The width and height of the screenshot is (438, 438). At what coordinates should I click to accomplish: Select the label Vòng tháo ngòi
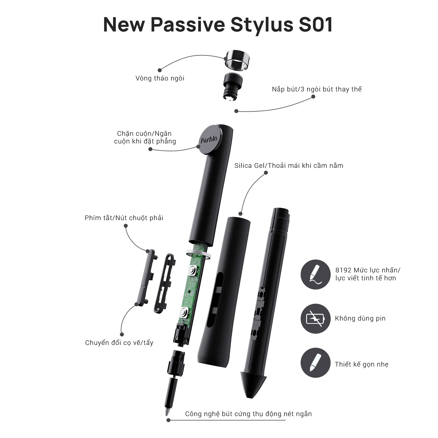(160, 78)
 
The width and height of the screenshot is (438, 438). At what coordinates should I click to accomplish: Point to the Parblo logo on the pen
(209, 139)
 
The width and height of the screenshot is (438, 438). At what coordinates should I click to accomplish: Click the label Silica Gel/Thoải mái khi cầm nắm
(289, 166)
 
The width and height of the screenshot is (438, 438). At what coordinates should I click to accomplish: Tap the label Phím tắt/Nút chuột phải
(124, 218)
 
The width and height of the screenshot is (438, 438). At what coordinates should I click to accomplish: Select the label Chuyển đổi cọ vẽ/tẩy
(119, 343)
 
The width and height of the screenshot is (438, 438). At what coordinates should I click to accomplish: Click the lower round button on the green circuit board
(184, 312)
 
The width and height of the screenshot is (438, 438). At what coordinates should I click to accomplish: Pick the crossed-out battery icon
(315, 319)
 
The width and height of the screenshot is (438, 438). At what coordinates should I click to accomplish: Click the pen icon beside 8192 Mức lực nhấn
(315, 275)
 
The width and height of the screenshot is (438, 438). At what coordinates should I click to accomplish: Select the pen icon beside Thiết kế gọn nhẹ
(315, 363)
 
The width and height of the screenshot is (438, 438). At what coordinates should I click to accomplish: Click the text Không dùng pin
(360, 318)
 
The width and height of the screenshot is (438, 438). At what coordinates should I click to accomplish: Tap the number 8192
(343, 270)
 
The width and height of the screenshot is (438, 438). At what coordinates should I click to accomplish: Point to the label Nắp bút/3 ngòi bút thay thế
(317, 89)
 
